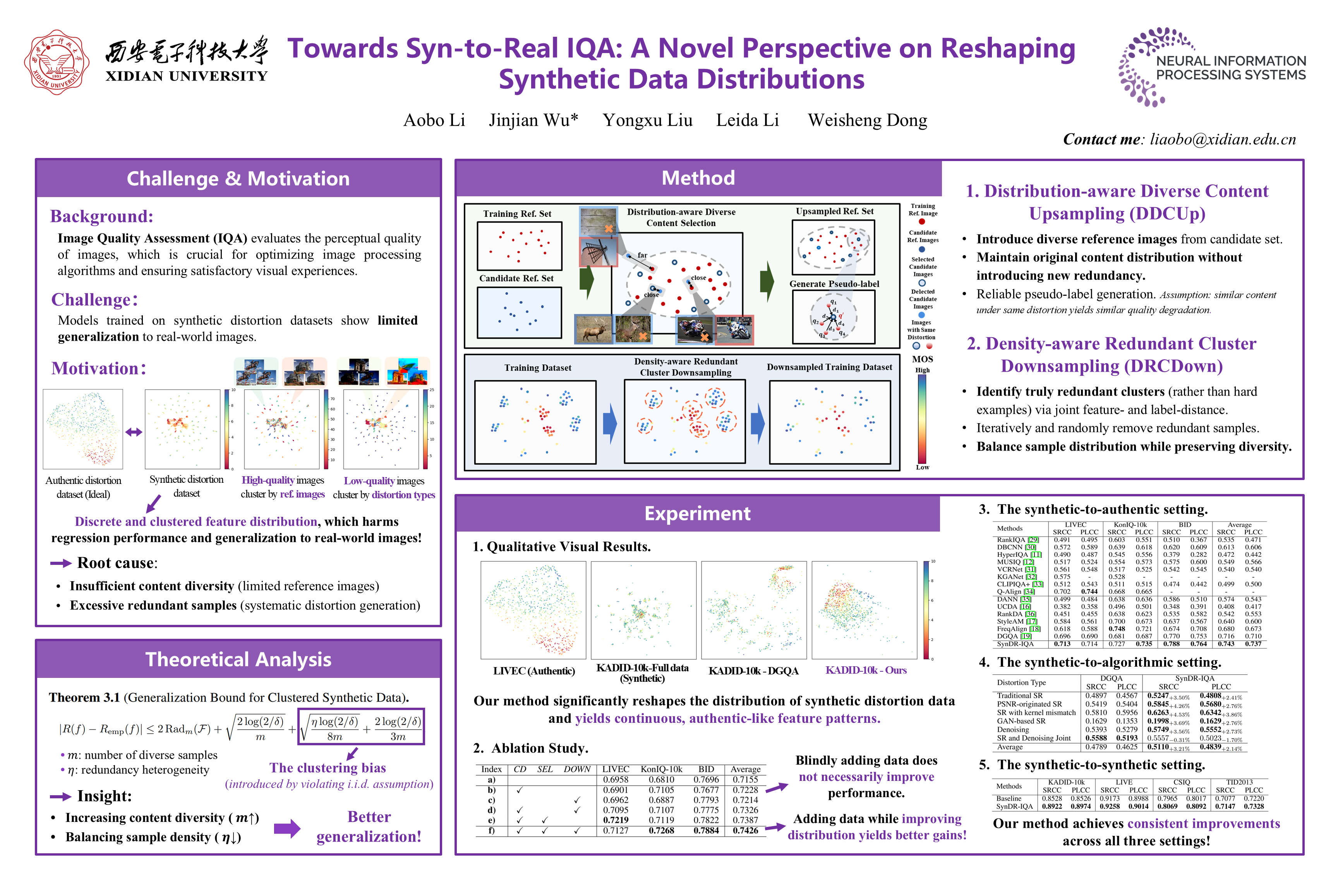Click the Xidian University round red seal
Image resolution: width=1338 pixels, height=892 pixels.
pos(57,63)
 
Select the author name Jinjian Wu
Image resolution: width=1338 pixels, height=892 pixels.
pos(533,121)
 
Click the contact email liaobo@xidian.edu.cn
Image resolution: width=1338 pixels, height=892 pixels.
pos(1223,139)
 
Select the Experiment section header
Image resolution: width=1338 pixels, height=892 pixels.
pos(697,514)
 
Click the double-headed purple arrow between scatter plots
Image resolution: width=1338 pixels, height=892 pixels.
pos(134,432)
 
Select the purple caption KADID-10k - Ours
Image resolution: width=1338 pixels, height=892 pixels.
pos(866,670)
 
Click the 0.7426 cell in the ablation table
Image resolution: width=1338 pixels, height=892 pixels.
pos(745,830)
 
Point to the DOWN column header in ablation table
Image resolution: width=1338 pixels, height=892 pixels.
pos(577,769)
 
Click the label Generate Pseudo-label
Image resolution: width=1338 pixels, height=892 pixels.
pos(834,284)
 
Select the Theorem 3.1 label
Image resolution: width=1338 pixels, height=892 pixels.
pos(84,697)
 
